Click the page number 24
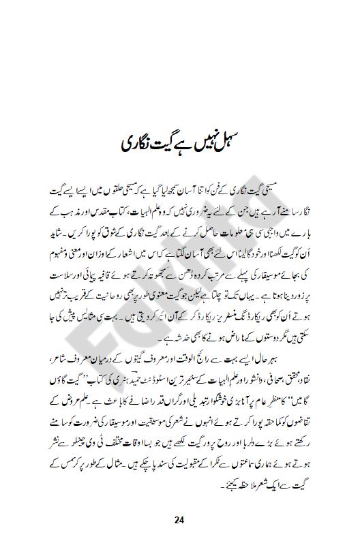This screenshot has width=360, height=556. coord(179,521)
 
